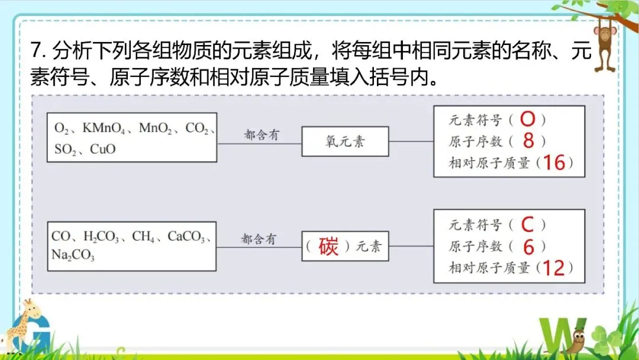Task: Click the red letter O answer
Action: point(527,120)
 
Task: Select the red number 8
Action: point(529,141)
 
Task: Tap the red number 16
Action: point(554,162)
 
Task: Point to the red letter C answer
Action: point(527,225)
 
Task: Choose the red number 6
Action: point(528,246)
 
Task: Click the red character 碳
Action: point(328,246)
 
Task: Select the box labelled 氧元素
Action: point(345,142)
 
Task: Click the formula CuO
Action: point(103,149)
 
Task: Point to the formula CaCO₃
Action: point(186,237)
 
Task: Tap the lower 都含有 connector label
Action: point(259,239)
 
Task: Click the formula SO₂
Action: point(66,149)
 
